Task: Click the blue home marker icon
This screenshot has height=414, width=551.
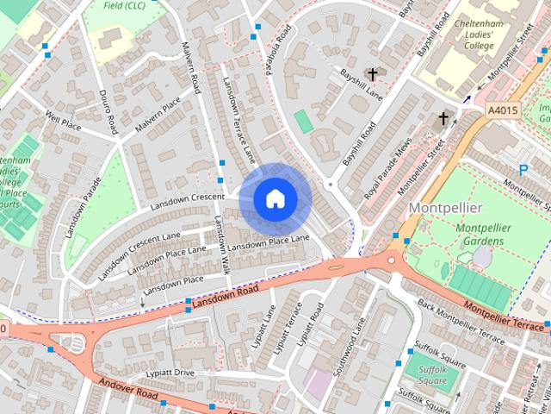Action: click(275, 199)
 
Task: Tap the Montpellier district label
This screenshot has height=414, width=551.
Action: click(445, 209)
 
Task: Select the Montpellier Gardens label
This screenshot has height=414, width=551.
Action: click(484, 234)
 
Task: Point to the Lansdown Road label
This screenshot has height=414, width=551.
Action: click(226, 299)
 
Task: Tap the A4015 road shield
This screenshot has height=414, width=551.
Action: click(501, 110)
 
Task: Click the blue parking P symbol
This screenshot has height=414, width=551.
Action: click(522, 171)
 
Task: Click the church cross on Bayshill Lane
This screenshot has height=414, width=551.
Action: click(373, 75)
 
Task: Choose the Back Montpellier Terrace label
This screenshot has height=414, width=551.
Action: click(461, 321)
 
